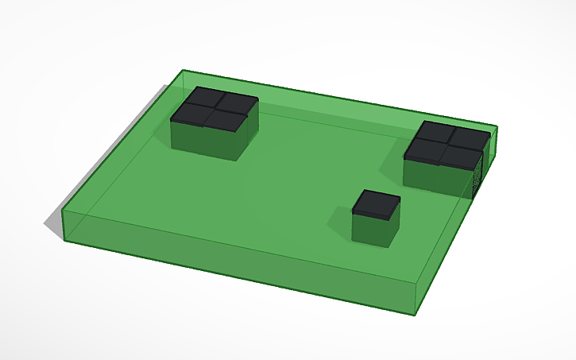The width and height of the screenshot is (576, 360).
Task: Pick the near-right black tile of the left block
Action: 226,120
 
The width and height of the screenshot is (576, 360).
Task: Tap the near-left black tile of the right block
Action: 423,149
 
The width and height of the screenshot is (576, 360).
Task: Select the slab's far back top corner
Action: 183,70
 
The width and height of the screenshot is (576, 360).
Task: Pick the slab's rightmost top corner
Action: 497,126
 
